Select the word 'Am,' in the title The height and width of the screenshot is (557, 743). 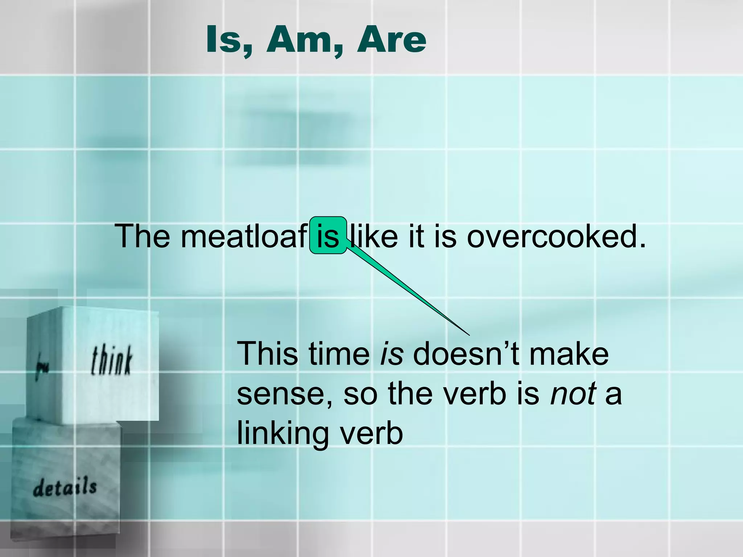coord(304,40)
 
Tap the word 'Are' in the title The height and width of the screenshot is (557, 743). coord(391,40)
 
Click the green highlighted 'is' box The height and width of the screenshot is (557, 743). coord(328,235)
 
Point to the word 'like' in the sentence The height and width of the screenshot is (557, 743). coord(373,236)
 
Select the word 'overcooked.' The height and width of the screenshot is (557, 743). coord(556,236)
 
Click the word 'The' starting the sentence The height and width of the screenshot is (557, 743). coord(142,236)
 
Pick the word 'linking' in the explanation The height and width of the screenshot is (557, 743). coord(283,434)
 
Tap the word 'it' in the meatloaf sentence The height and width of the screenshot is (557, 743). coord(416,236)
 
